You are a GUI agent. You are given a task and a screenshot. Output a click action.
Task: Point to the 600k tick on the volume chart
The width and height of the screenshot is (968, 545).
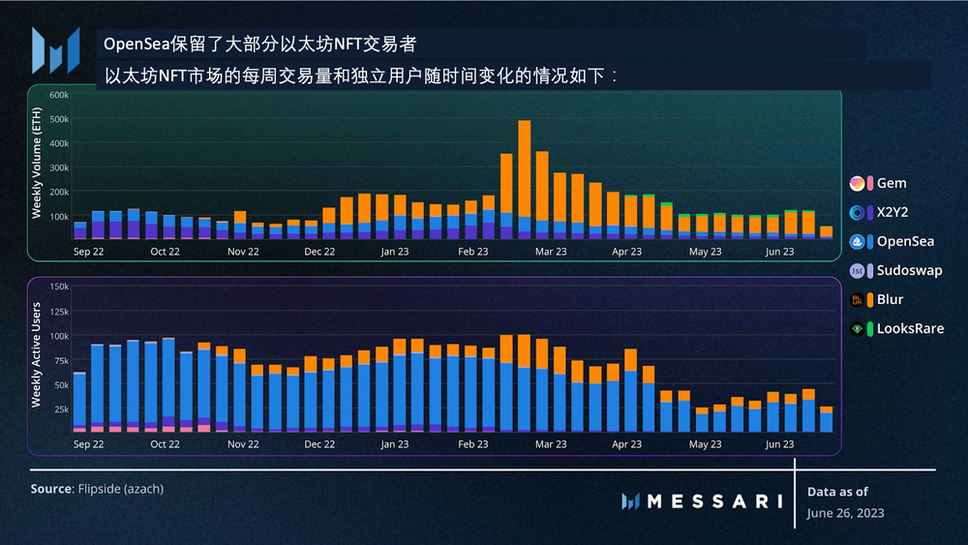56,95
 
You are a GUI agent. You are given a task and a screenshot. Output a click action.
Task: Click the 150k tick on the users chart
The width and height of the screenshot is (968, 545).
56,287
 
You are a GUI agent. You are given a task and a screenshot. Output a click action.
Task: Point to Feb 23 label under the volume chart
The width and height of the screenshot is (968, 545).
472,252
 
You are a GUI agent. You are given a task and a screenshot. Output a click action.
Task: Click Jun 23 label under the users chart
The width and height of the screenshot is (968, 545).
780,444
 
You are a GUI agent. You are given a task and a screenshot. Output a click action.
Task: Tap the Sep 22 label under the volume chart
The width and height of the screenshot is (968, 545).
88,252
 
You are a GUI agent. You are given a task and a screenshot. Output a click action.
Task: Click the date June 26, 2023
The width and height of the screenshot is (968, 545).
845,513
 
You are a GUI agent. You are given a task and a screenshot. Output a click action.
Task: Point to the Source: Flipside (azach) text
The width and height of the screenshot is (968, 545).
97,490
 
